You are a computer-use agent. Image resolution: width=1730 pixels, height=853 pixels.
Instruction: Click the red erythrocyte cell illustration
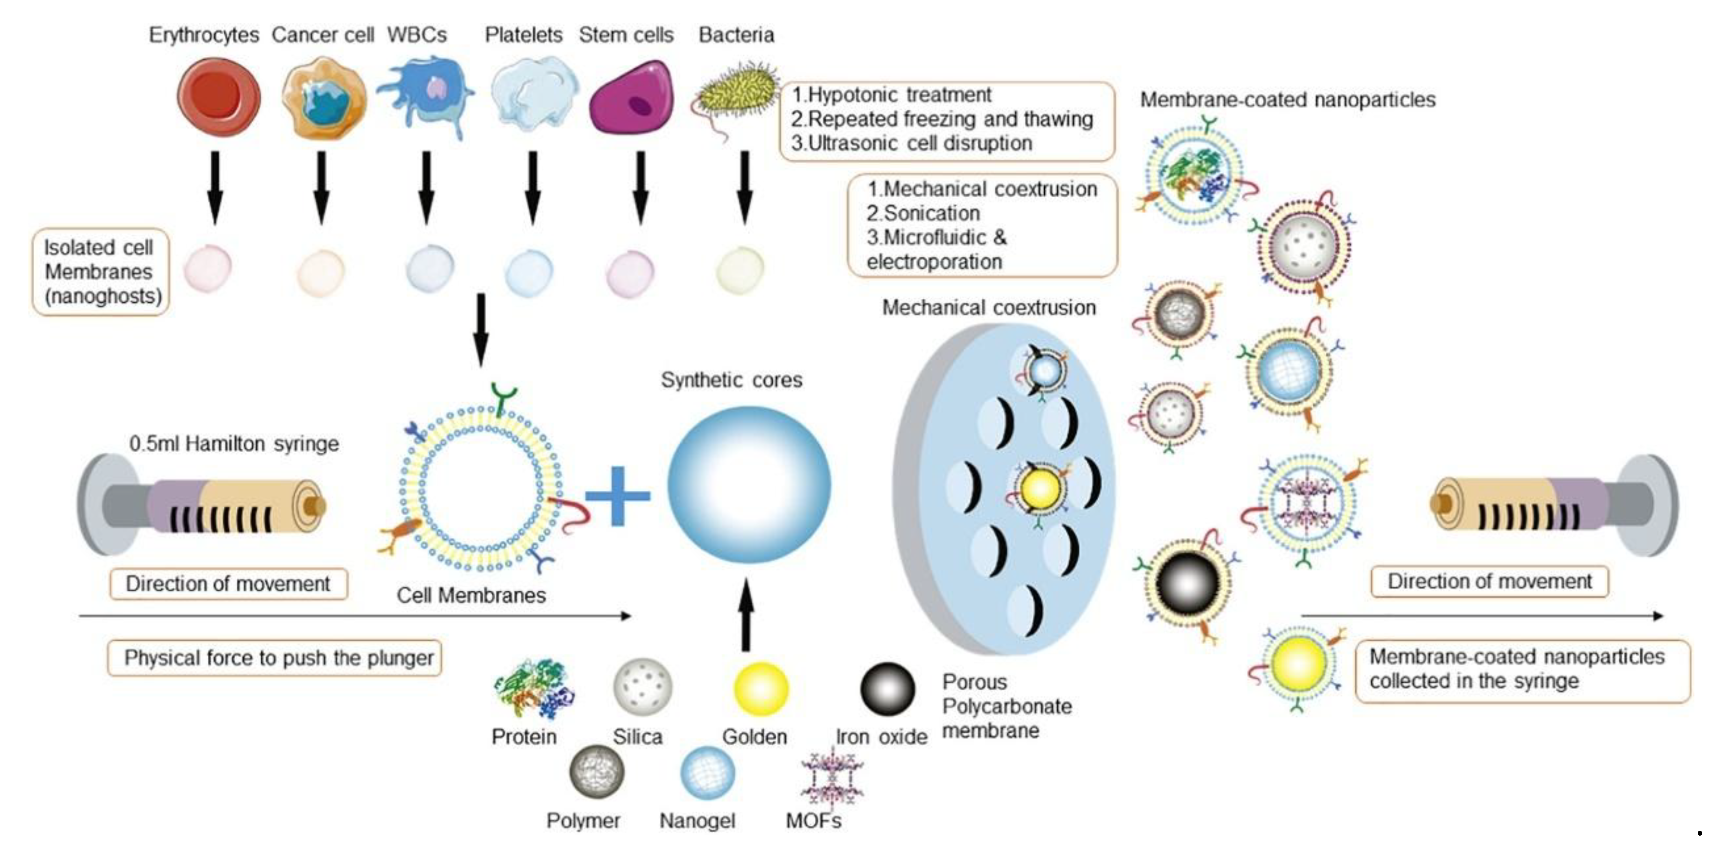(218, 97)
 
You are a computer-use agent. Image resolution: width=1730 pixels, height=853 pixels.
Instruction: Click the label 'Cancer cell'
(322, 35)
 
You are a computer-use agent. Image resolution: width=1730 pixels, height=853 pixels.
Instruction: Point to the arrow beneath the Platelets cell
(533, 187)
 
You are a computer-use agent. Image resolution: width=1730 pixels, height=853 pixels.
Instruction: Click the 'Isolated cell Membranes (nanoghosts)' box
(101, 272)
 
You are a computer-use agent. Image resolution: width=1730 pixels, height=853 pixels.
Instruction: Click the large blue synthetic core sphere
(748, 484)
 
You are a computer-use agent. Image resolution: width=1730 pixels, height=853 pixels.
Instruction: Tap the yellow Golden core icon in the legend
(760, 688)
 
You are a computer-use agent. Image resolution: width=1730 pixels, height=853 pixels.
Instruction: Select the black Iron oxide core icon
(887, 688)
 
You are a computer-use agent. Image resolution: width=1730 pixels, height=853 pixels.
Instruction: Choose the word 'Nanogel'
(697, 820)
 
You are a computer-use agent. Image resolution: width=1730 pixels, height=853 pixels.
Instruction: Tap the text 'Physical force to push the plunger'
(278, 658)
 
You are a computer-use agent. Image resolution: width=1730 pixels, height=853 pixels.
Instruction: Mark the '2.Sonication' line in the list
(923, 213)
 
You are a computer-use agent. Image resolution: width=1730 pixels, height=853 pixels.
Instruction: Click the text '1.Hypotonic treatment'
(891, 95)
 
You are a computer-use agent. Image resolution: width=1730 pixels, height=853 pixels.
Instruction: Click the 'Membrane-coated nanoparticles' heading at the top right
(1287, 100)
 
